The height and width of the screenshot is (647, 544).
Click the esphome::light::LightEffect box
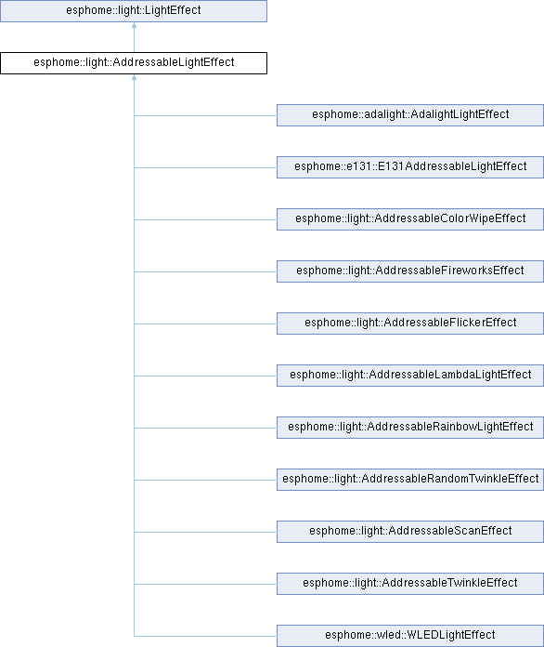(x=134, y=11)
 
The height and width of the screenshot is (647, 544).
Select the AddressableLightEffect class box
(x=134, y=63)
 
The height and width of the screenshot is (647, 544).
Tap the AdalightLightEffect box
(x=410, y=115)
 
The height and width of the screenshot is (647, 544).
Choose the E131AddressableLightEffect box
(x=410, y=167)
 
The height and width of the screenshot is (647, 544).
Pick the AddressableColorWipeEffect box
(x=410, y=219)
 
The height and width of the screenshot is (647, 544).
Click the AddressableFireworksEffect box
(x=410, y=271)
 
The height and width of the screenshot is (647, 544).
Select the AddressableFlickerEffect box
(x=410, y=323)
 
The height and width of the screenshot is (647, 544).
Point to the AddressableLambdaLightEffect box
(x=410, y=375)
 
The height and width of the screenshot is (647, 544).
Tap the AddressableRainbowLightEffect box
(x=410, y=427)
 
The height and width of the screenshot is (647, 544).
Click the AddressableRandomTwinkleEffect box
(x=410, y=480)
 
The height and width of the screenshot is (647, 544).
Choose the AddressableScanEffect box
(x=410, y=532)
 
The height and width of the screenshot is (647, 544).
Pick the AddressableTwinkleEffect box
(x=410, y=584)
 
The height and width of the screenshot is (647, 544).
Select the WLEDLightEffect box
(x=410, y=636)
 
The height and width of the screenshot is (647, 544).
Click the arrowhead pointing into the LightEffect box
(x=134, y=25)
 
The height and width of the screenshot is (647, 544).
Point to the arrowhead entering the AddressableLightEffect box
(x=134, y=77)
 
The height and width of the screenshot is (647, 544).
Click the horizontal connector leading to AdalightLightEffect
(x=205, y=115)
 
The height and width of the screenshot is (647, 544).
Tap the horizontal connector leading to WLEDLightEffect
(x=205, y=636)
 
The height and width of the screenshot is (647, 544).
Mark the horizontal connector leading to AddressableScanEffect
(x=205, y=532)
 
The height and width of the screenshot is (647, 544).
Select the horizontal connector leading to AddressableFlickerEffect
(x=205, y=323)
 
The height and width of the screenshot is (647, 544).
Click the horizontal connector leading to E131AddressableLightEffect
(x=205, y=167)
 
